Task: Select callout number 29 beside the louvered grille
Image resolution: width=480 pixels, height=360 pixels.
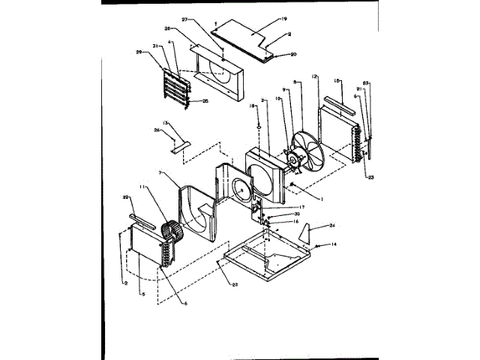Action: point(139,52)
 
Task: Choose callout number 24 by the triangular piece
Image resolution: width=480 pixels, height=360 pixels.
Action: point(333,226)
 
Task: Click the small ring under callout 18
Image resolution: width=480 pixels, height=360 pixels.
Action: point(256,127)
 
